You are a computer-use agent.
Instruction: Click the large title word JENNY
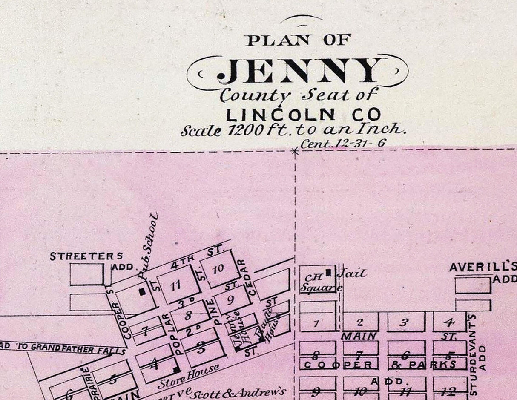coord(298,71)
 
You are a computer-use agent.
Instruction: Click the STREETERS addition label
coord(86,256)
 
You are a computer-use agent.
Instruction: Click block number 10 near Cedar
coord(218,269)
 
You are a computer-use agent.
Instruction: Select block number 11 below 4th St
coord(175,285)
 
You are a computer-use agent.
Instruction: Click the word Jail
coord(352,273)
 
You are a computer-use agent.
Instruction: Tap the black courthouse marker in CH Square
coord(328,272)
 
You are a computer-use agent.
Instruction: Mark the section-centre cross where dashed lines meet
coord(295,150)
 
